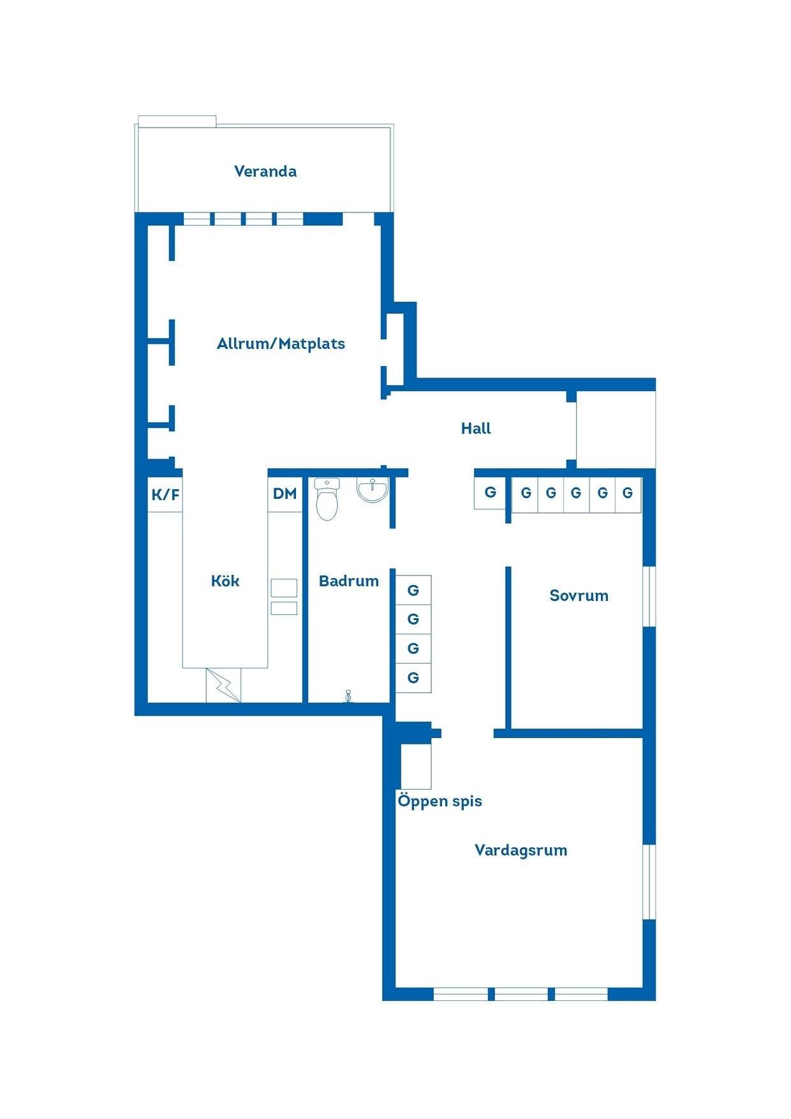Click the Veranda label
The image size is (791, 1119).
265,171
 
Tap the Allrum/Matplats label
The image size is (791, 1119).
281,344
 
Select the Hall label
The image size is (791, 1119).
476,428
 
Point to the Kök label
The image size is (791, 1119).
225,581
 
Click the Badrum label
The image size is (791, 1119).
349,581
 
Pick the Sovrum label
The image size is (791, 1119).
579,595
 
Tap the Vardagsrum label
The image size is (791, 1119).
521,850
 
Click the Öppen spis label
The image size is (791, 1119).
440,801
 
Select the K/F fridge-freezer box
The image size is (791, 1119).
165,494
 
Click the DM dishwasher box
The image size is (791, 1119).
285,494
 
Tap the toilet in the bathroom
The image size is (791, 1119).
327,500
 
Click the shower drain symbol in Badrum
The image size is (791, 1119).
348,696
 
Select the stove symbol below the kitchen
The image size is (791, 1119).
223,686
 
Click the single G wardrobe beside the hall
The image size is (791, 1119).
490,493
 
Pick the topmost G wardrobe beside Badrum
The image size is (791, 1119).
413,590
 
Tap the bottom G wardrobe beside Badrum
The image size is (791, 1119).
413,678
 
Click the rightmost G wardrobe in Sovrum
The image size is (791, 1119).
628,493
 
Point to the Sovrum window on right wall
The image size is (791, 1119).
649,597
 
